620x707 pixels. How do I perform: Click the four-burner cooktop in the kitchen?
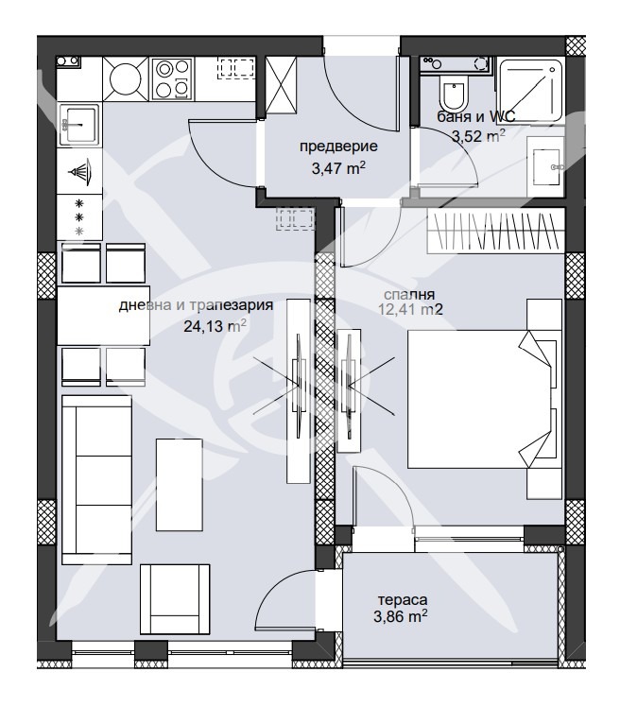[x=171, y=78]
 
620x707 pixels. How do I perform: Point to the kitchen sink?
[x=78, y=123]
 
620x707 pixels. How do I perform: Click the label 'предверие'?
[x=338, y=147]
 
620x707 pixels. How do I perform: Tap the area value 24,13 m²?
[x=215, y=325]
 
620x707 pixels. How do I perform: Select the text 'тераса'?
[x=403, y=600]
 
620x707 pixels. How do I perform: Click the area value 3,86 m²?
[x=401, y=615]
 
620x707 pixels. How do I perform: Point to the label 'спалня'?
[x=409, y=295]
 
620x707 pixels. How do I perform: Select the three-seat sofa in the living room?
[x=96, y=480]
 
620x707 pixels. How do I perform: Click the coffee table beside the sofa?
[x=179, y=484]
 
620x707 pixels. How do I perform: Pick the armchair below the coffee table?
[x=175, y=599]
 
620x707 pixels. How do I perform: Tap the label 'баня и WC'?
[x=475, y=117]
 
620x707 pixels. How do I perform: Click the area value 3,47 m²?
[x=338, y=168]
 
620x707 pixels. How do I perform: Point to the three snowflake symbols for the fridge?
[x=79, y=217]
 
